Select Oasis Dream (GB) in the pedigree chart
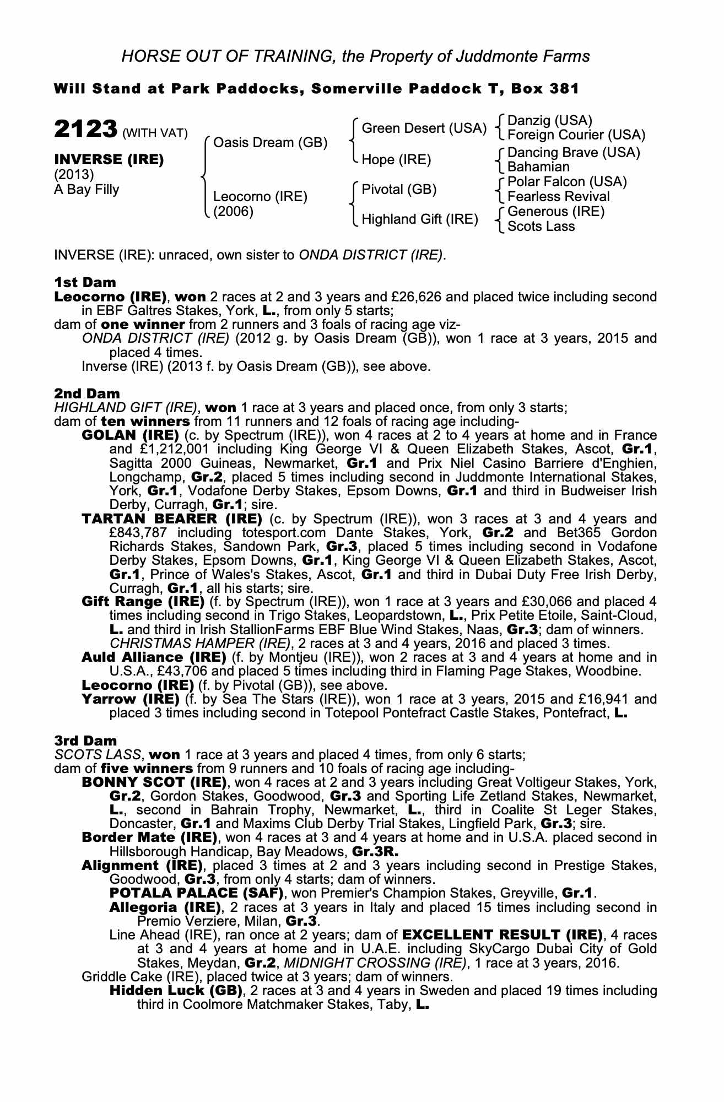pos(270,143)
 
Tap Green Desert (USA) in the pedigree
pos(424,128)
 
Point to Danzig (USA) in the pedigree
pos(549,121)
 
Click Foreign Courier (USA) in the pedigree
pos(576,135)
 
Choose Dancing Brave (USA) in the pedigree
pos(573,152)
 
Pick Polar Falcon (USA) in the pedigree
pos(567,182)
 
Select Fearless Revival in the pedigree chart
pos(558,197)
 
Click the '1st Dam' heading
pos(85,283)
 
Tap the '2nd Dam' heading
pos(87,393)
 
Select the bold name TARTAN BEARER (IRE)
pos(171,518)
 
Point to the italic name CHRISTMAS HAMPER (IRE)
pos(199,643)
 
